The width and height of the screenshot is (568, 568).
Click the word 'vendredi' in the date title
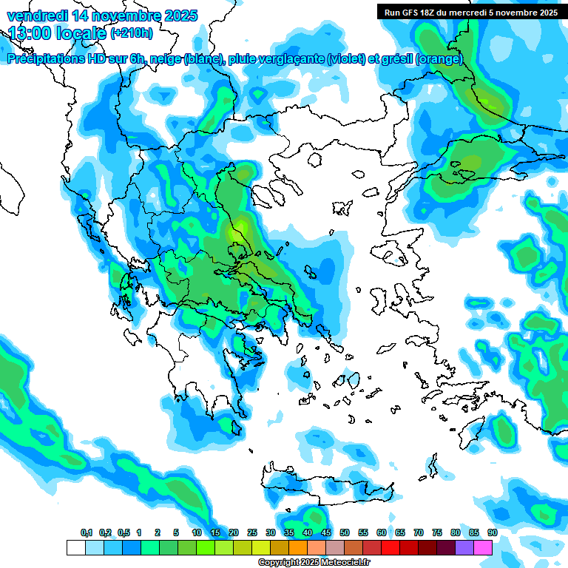point(34,16)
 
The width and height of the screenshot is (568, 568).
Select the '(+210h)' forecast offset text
point(132,33)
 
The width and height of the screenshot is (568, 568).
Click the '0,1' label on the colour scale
point(86,532)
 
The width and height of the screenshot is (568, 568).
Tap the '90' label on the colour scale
point(493,532)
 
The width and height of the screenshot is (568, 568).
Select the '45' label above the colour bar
point(326,532)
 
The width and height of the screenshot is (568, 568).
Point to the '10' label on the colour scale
point(197,532)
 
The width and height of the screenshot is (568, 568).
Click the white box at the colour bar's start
point(75,547)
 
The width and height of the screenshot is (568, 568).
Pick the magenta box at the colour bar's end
point(483,547)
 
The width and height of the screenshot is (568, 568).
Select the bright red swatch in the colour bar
point(390,547)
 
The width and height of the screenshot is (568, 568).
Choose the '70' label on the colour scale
point(419,532)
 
